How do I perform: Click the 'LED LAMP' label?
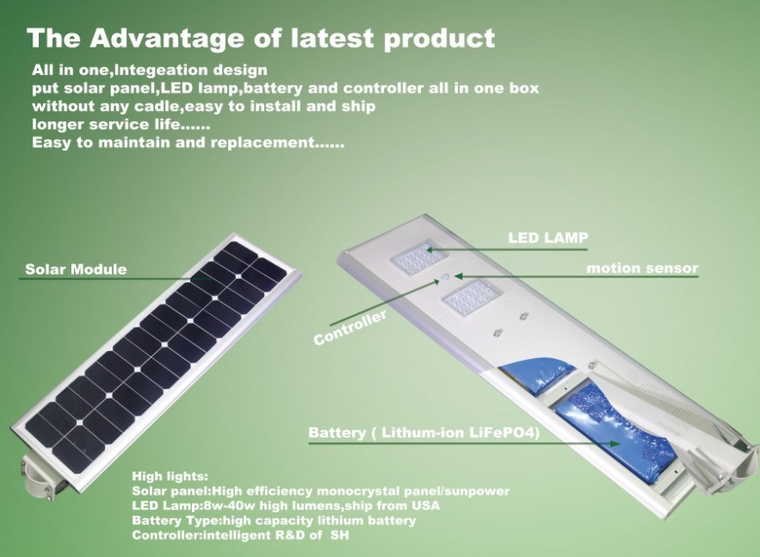point(548,238)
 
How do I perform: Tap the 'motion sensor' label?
point(642,268)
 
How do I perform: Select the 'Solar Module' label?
point(76,269)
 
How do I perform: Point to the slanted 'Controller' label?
point(350,328)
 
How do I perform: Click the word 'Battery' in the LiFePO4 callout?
point(337,433)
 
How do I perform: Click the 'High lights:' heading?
point(170,476)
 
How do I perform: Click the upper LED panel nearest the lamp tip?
point(412,258)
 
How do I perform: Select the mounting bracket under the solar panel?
point(40,474)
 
